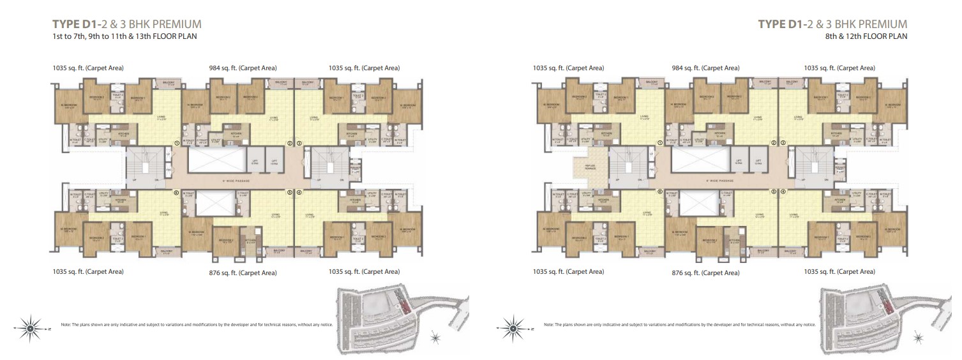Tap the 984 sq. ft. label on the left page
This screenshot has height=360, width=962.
pos(243,68)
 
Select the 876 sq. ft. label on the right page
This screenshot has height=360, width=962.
pos(705,273)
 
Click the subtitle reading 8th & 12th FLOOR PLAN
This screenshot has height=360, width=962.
pos(866,37)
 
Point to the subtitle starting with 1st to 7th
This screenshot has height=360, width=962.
pos(124,37)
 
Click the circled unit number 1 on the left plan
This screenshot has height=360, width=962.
pos(177,143)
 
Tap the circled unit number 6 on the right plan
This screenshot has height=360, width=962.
pos(660,191)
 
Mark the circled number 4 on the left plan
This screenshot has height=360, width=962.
pos(299,191)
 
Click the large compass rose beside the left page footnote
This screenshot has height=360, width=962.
pos(30,329)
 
